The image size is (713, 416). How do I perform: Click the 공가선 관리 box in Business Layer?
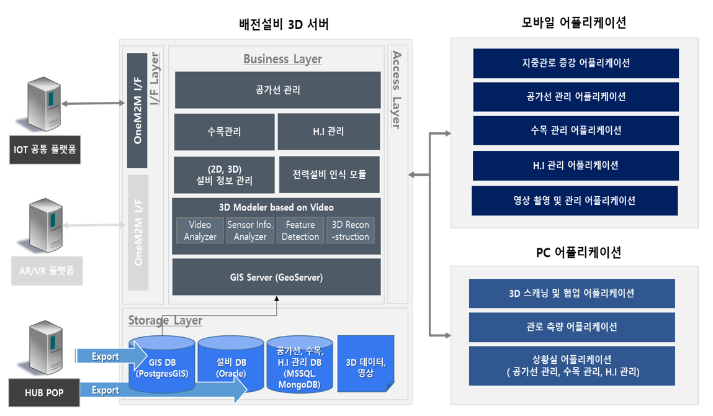pos(277,90)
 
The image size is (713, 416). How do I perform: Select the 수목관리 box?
pos(224,132)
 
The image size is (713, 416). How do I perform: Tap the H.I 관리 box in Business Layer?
pos(328,132)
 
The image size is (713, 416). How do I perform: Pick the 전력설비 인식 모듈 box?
pos(329,174)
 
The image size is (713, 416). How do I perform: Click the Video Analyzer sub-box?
pos(200,230)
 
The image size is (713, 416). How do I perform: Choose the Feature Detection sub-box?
pos(300,230)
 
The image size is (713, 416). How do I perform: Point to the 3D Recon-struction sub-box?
pos(350,230)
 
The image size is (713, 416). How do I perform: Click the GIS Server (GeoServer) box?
pos(276,277)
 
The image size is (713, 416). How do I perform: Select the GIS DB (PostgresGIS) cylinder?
pos(162,367)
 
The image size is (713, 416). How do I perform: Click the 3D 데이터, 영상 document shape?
pos(365,367)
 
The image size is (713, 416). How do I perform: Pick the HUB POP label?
pos(44,392)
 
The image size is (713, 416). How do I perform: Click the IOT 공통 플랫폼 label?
pos(45,150)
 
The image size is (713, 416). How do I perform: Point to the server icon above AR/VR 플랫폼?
pos(45,225)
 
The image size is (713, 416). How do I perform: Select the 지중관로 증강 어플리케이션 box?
pos(575,63)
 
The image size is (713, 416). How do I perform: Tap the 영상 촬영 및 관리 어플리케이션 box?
pos(574,201)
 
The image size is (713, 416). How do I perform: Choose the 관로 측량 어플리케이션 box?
pos(572,327)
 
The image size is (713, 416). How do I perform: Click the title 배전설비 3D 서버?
pos(284,25)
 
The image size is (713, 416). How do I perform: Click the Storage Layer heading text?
pos(165,320)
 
